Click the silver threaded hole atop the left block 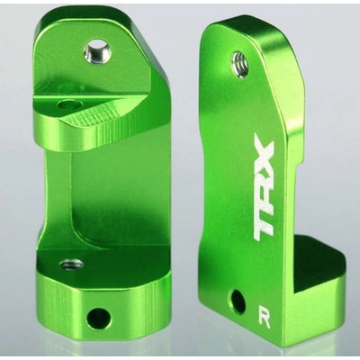pos(98,49)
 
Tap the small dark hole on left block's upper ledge pos(70,105)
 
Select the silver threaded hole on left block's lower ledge pos(71,265)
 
